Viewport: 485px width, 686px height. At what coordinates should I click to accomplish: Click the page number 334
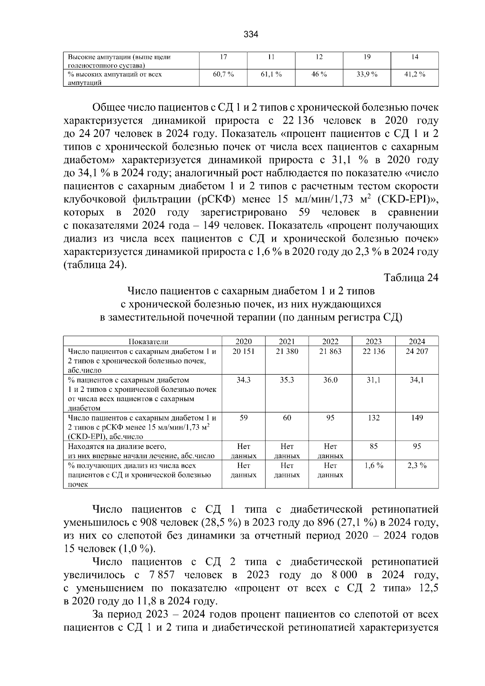pyautogui.click(x=251, y=35)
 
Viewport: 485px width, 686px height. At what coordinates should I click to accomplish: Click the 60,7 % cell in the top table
pyautogui.click(x=224, y=74)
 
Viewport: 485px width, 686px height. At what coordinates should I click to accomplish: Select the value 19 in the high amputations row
pyautogui.click(x=367, y=57)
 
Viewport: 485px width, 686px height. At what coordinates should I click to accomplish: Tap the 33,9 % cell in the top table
pyautogui.click(x=367, y=74)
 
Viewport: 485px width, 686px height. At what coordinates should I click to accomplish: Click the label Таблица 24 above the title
pyautogui.click(x=411, y=278)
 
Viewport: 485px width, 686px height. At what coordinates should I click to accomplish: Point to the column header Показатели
pyautogui.click(x=143, y=341)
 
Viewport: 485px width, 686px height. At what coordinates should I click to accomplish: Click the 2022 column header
pyautogui.click(x=330, y=341)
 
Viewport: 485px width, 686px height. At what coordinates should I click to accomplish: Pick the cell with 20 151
pyautogui.click(x=243, y=351)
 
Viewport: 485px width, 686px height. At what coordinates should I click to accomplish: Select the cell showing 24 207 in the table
pyautogui.click(x=417, y=351)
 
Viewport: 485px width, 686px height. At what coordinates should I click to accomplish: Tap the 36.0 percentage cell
pyautogui.click(x=330, y=380)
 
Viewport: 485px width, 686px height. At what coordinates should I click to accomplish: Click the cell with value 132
pyautogui.click(x=373, y=418)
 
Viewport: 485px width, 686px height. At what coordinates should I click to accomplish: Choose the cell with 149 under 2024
pyautogui.click(x=417, y=418)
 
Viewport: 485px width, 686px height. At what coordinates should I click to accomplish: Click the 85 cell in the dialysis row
pyautogui.click(x=373, y=446)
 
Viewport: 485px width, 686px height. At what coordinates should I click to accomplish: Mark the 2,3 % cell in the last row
pyautogui.click(x=417, y=465)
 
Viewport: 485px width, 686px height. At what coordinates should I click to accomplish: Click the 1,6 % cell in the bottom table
pyautogui.click(x=373, y=465)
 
